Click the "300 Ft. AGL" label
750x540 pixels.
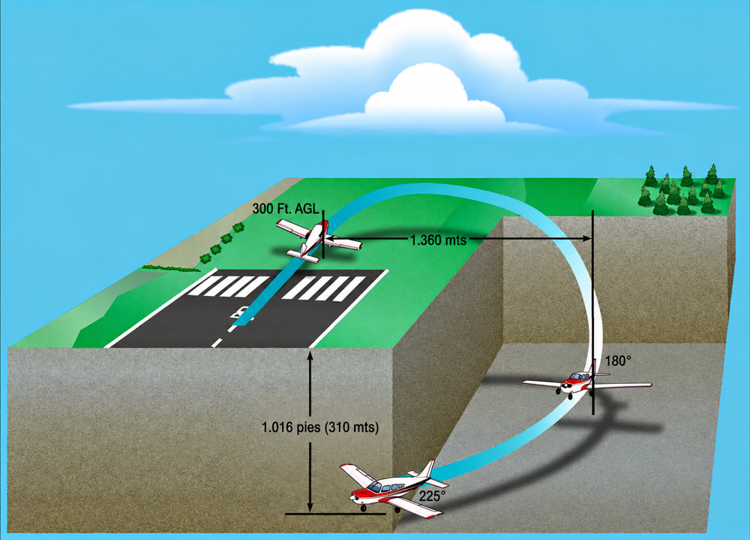285,209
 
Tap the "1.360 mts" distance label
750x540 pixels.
438,240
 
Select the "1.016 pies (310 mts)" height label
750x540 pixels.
320,427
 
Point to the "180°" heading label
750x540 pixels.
618,361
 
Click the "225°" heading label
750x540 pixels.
432,496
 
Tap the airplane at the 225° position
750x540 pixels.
394,489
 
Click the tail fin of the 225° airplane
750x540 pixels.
427,468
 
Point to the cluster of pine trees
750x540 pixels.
682,190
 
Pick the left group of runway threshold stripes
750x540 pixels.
228,286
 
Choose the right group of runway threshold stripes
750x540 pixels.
324,288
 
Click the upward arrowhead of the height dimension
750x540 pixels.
310,355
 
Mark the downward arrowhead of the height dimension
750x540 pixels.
310,507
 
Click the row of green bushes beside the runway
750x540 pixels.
221,243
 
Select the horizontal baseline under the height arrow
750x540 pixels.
335,514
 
